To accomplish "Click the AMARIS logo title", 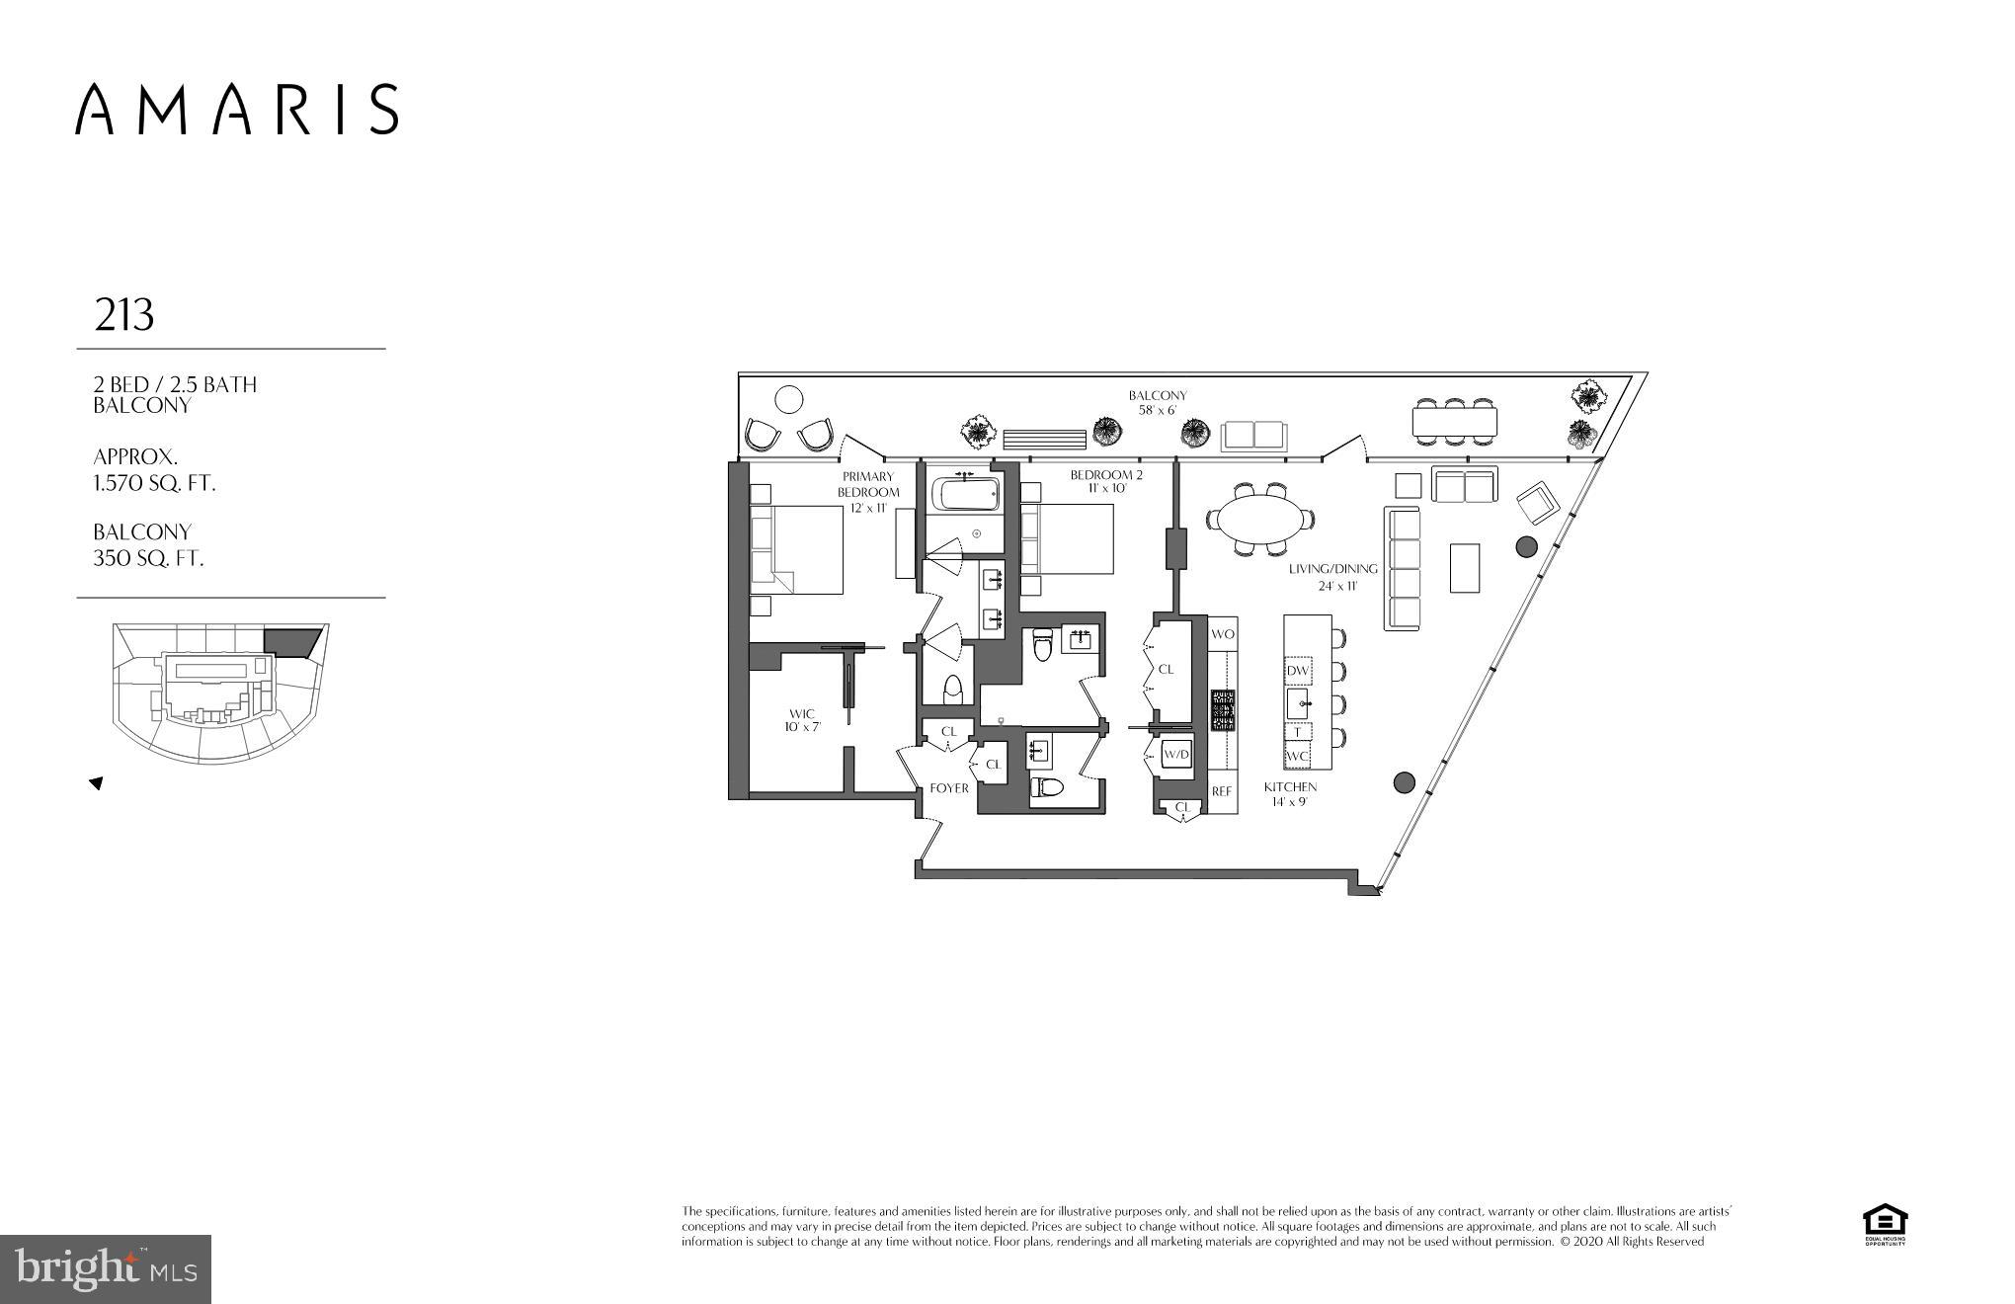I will [x=237, y=109].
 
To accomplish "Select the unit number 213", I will [x=124, y=315].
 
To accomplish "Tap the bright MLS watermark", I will [x=105, y=1268].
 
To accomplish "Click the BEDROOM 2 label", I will [x=1106, y=481].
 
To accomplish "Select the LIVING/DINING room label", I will [x=1332, y=576].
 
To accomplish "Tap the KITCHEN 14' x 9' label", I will [x=1290, y=793].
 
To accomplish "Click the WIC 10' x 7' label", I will [x=802, y=719].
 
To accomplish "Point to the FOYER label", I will [x=949, y=788].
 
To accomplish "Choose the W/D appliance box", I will [x=1176, y=755].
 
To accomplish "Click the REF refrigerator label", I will [x=1222, y=791].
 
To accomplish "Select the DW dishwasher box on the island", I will [x=1298, y=671].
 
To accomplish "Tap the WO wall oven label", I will [x=1223, y=634].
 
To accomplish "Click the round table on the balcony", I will [x=788, y=400].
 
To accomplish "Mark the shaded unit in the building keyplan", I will [x=292, y=642].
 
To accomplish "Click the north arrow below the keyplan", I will [x=97, y=783].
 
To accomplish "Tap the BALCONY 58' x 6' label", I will [x=1158, y=402].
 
